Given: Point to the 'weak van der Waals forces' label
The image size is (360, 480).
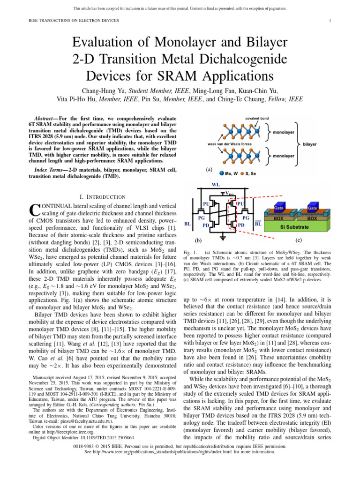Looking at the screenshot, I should coord(228,144).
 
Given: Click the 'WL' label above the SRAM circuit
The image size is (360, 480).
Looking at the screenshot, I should coord(216,185).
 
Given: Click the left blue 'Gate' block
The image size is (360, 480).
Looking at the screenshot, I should coord(278,207).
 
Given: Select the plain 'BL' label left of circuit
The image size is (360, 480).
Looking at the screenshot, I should coord(187,224).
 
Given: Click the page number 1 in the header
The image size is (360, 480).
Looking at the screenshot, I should coord(330,20).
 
